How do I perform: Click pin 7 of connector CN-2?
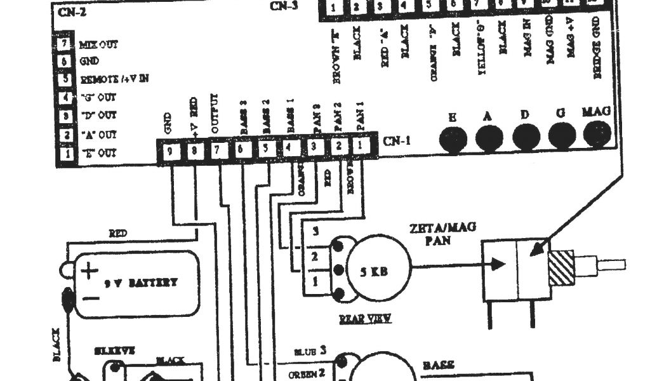coord(65,44)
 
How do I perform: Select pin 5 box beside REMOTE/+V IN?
coord(65,79)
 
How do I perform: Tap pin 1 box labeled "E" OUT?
coord(65,153)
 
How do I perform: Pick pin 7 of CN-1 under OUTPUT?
coord(218,150)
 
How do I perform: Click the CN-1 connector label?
coord(397,141)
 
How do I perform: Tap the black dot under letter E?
coord(453,137)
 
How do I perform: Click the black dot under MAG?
coord(597,133)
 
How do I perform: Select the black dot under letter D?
coord(526,135)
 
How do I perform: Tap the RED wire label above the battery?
coord(118,234)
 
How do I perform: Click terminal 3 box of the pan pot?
coord(314,232)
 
